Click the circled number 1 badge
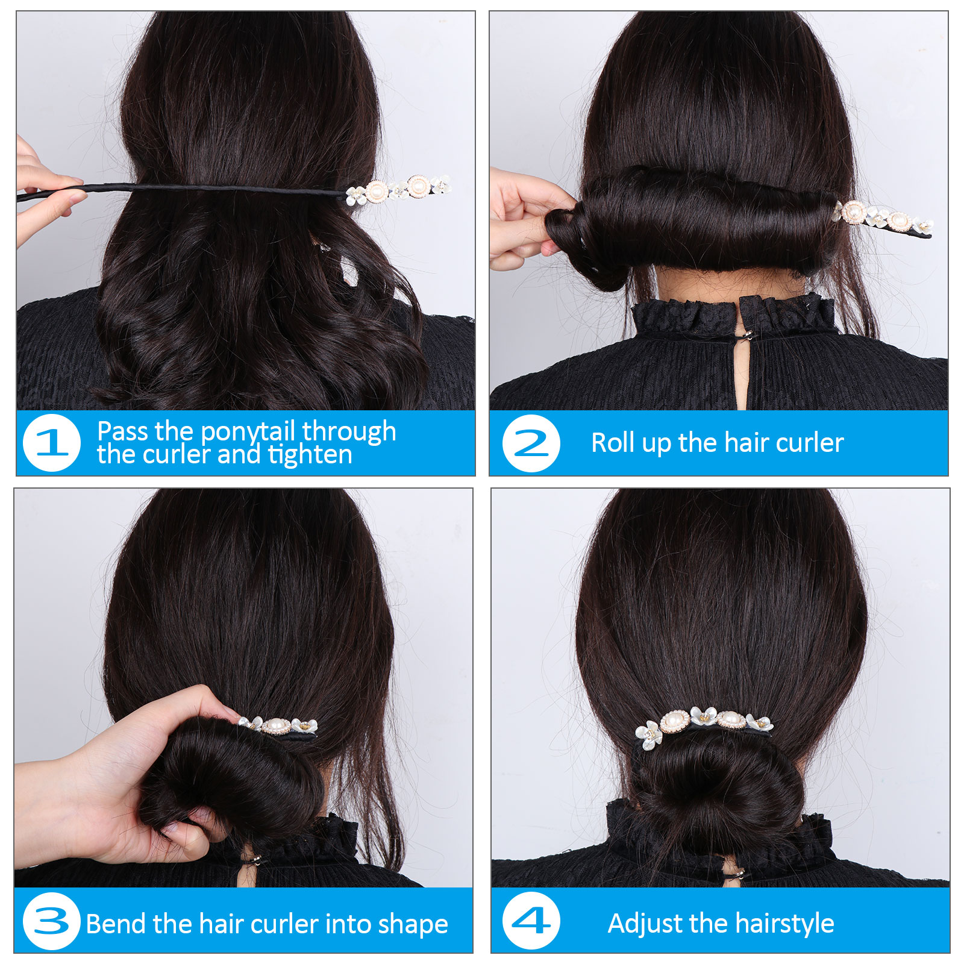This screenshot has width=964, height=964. [52, 443]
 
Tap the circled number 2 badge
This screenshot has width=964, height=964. [531, 443]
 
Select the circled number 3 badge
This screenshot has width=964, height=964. [52, 921]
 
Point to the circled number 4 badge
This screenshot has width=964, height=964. [531, 921]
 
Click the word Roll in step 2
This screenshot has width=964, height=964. [613, 443]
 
